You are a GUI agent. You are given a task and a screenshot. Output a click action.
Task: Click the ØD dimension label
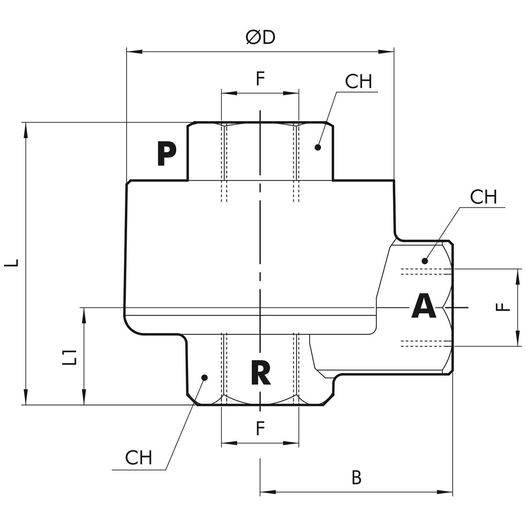pos(260,38)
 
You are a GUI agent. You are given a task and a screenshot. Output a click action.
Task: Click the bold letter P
pos(167,154)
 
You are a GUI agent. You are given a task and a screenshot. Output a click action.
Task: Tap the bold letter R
pos(260,372)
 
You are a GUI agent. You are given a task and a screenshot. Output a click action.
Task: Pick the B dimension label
pos(357,478)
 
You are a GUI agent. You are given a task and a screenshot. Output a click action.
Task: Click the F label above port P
pos(260,79)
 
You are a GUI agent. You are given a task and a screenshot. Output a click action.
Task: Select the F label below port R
pos(260,428)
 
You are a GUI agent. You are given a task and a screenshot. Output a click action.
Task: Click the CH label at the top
pos(358,82)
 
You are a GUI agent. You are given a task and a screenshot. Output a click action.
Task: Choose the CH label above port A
pos(483,197)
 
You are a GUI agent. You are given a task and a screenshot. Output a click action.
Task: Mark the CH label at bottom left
pos(139,458)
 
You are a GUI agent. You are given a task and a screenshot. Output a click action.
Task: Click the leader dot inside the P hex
pos(318,147)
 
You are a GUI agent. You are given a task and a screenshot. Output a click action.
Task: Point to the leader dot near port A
pos(424,261)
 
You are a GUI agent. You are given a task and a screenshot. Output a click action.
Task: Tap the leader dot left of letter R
pos(204,377)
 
